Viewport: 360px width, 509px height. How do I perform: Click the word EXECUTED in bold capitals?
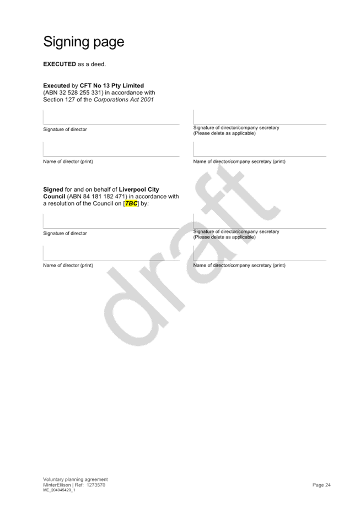tap(60, 64)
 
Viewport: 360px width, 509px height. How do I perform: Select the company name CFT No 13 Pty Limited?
tap(112, 86)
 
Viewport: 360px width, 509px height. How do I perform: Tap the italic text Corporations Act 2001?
tap(124, 100)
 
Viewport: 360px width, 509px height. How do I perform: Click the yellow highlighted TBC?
tap(131, 203)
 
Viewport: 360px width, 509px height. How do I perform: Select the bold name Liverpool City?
tap(139, 189)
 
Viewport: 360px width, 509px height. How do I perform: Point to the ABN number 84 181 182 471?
tap(104, 197)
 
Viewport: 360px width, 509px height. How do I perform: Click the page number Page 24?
tap(321, 485)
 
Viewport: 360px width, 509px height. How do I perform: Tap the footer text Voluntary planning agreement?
tap(76, 479)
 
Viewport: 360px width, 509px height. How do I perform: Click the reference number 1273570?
tap(96, 485)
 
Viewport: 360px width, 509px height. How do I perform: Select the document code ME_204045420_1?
tap(59, 490)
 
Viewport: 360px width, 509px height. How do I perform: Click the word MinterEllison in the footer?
tap(57, 485)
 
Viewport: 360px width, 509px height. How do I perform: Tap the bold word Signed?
tap(53, 189)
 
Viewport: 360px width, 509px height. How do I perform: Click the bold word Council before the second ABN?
tap(54, 197)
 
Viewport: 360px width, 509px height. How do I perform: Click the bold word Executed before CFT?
tap(57, 86)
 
